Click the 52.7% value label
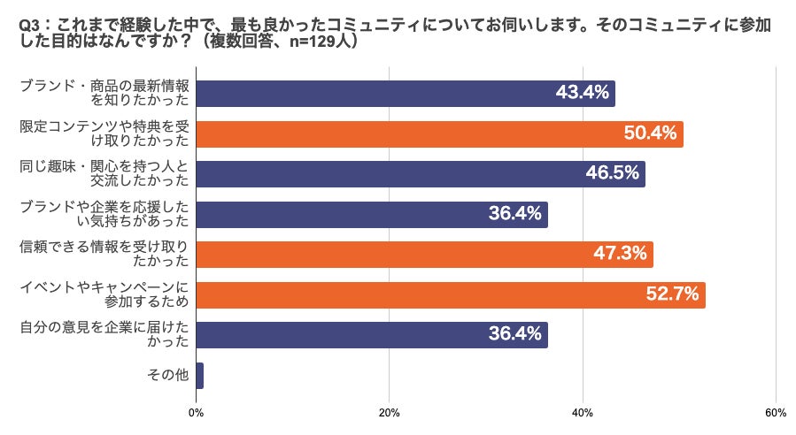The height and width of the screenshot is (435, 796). click(x=672, y=295)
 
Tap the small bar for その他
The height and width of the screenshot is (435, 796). click(x=199, y=376)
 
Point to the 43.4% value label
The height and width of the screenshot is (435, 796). click(x=582, y=94)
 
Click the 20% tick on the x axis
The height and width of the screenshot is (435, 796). click(x=389, y=413)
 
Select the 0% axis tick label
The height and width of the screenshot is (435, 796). click(x=197, y=413)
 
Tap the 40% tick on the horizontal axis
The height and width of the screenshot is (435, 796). click(x=583, y=413)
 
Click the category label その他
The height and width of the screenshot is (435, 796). click(x=168, y=376)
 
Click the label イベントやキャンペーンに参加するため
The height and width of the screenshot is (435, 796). click(x=104, y=295)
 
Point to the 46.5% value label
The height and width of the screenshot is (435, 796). click(x=612, y=174)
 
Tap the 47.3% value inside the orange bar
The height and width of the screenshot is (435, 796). click(x=620, y=255)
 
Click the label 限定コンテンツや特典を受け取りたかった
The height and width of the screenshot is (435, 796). click(x=104, y=134)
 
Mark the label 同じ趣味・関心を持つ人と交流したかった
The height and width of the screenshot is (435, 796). click(x=104, y=174)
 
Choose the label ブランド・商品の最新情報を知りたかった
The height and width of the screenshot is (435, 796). click(x=104, y=94)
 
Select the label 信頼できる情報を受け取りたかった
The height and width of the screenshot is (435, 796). click(x=104, y=255)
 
